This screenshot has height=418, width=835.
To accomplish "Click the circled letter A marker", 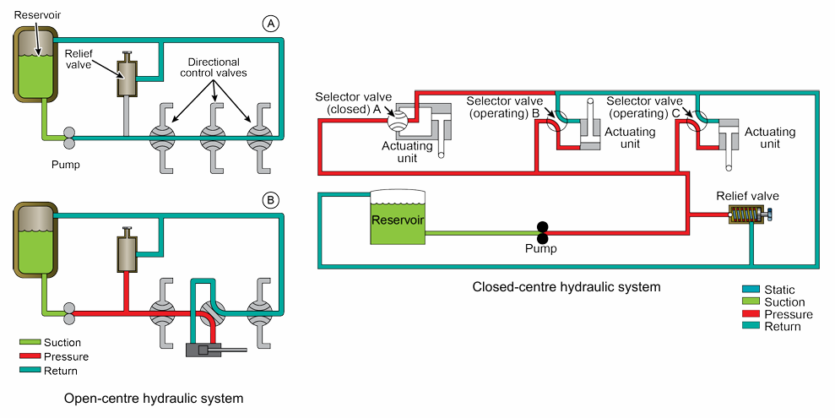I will pyautogui.click(x=271, y=24).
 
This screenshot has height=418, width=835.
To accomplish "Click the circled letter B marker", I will pyautogui.click(x=271, y=201).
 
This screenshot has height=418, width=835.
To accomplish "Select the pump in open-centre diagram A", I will pyautogui.click(x=62, y=135).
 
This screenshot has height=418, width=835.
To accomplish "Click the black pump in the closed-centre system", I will pyautogui.click(x=543, y=231).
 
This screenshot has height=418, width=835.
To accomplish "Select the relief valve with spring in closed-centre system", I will pyautogui.click(x=746, y=216).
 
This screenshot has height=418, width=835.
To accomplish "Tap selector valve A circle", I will pyautogui.click(x=398, y=121).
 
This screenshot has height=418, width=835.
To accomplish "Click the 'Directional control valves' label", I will pyautogui.click(x=214, y=68).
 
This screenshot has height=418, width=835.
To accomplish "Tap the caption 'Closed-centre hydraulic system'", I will pyautogui.click(x=567, y=287).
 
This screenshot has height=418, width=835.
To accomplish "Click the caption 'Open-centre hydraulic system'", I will pyautogui.click(x=154, y=398).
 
